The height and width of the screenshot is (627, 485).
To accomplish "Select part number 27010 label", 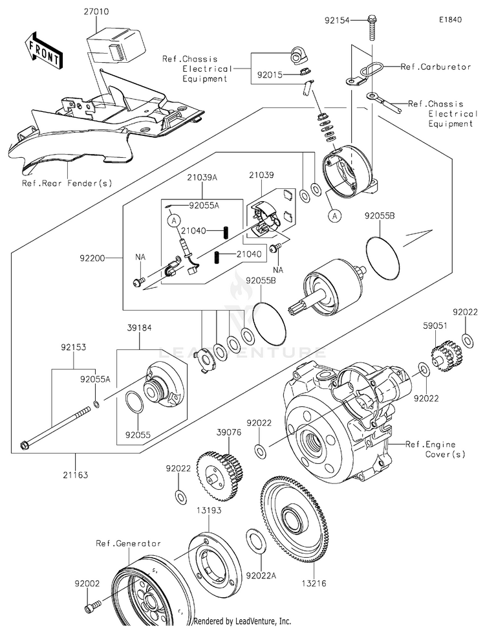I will point(96,12).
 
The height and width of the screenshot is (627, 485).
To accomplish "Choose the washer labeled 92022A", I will point(254,538).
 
